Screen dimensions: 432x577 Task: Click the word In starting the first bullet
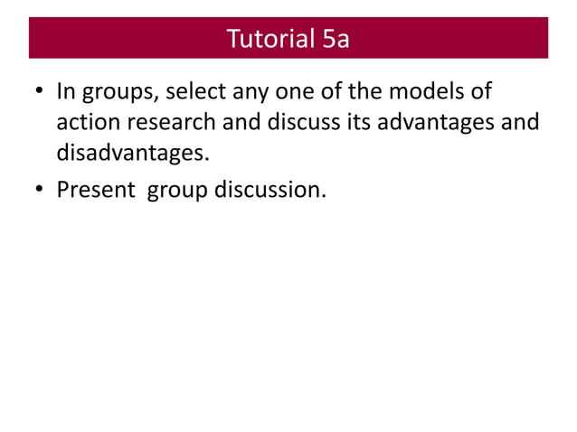66,92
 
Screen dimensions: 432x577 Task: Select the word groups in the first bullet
117,94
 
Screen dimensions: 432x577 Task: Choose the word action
85,122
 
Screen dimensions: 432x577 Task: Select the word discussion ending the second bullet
270,191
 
